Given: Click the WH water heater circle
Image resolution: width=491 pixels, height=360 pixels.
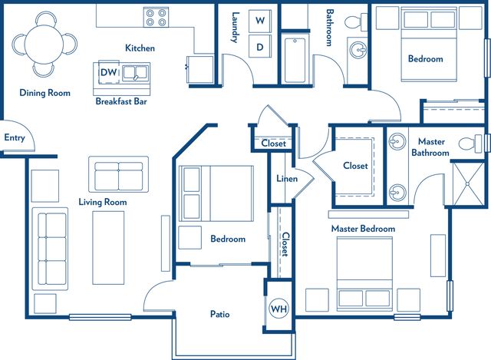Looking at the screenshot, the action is click(278, 309).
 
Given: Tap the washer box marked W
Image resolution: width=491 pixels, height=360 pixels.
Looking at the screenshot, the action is click(260, 21).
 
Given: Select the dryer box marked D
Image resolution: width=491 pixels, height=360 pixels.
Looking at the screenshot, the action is click(260, 46).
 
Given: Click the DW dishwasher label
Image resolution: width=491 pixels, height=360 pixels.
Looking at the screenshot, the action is click(109, 72).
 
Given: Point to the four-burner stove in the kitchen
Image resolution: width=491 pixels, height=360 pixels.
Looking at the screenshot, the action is click(156, 17).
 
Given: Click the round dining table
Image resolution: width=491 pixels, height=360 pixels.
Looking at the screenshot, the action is click(44, 45).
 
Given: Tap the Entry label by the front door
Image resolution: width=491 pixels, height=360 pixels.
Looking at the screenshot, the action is click(15, 137).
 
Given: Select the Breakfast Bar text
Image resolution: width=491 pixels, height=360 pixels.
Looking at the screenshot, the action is click(121, 101).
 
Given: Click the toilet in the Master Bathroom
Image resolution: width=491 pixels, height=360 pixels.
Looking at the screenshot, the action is click(471, 144).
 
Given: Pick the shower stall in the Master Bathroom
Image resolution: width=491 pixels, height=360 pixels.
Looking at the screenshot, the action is click(469, 183).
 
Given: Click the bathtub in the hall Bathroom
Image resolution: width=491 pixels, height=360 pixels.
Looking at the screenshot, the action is click(295, 60).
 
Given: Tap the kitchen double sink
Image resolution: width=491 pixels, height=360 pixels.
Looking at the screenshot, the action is click(135, 74).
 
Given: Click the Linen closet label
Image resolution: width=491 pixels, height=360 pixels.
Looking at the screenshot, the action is click(287, 179).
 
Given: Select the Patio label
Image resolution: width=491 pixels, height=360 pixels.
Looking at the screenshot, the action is click(220, 314).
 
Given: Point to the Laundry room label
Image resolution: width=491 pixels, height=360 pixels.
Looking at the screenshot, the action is click(235, 28).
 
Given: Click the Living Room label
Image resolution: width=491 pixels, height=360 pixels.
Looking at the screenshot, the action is click(103, 202).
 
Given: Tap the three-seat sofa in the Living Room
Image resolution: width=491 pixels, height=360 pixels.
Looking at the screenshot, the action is click(50, 249).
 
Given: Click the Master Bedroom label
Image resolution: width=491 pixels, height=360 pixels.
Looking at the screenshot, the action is click(363, 229).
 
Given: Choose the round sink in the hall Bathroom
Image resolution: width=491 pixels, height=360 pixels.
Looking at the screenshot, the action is click(358, 49).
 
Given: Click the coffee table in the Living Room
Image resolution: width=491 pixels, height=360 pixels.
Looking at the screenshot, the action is click(108, 248).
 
